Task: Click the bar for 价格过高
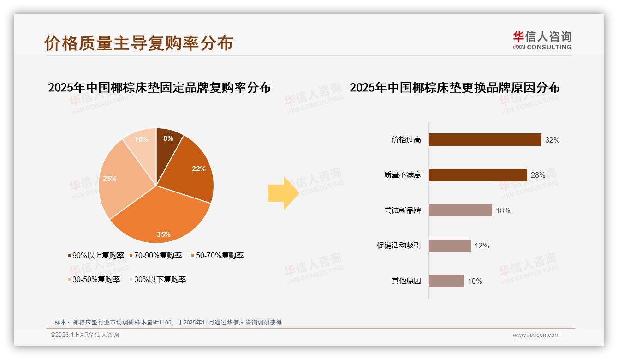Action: pos(485,140)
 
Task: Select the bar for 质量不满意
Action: pos(478,175)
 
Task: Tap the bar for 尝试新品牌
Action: pos(460,210)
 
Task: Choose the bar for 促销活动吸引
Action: pos(450,246)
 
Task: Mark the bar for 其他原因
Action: pos(446,281)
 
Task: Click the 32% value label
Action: pos(552,140)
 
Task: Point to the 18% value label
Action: pos(503,211)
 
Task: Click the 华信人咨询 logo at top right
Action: pos(542,41)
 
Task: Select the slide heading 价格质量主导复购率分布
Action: pos(139,42)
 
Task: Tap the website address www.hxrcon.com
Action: pos(536,335)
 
